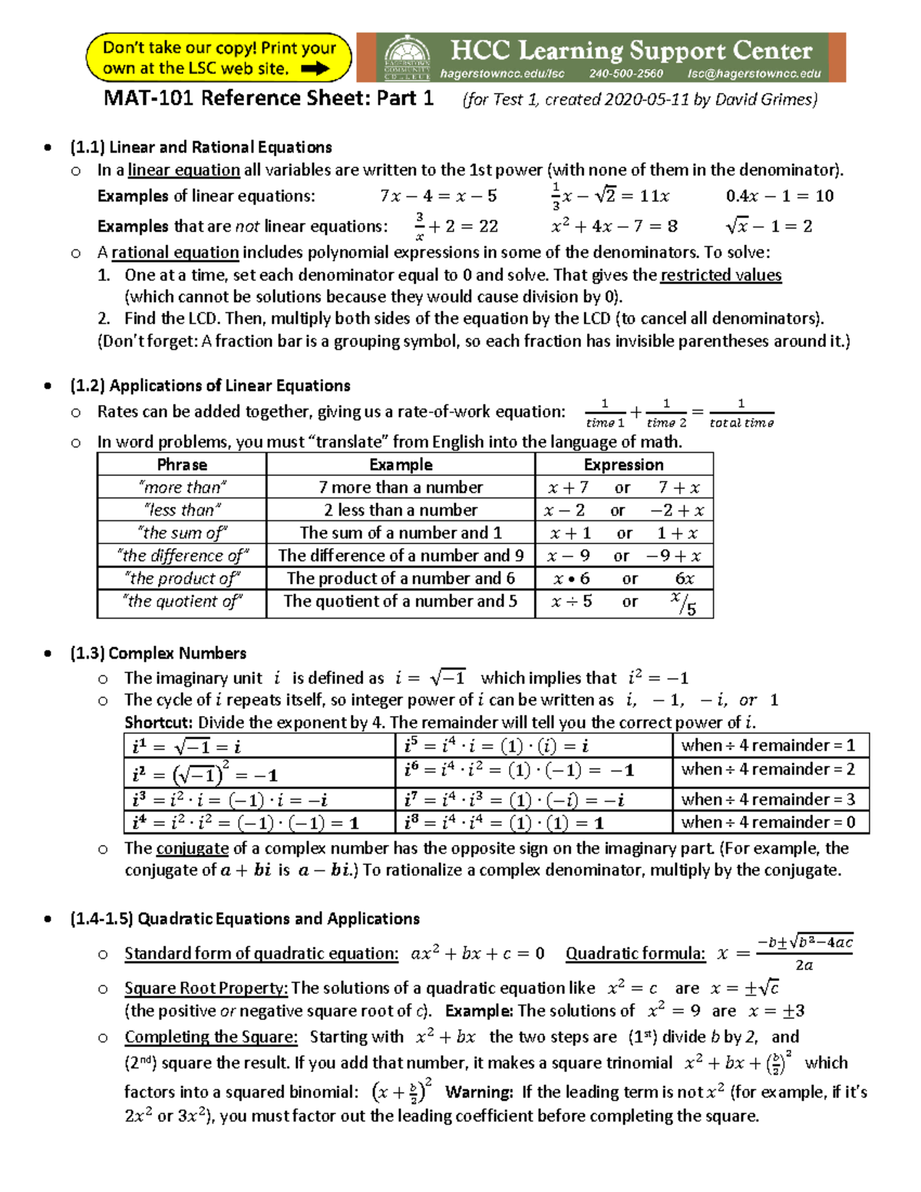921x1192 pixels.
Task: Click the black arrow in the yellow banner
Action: (x=315, y=68)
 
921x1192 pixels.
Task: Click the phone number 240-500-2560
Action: (x=626, y=74)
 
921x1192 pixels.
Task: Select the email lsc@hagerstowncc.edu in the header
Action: (x=754, y=74)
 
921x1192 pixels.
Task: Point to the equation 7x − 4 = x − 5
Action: (x=437, y=196)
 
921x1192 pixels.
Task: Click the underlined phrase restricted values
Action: (x=721, y=275)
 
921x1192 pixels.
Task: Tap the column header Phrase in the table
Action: (x=182, y=464)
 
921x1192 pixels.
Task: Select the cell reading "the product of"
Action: (x=182, y=578)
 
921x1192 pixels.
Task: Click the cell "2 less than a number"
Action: (x=400, y=510)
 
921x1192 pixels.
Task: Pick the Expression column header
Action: (x=623, y=464)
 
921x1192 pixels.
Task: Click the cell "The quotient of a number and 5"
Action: (x=400, y=601)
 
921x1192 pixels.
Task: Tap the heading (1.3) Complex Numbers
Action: (x=157, y=653)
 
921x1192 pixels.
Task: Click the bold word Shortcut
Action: (x=158, y=722)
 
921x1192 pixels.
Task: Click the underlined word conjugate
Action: (x=192, y=848)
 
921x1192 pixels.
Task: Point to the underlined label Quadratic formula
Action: (x=635, y=953)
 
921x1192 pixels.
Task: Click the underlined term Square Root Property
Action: (x=206, y=988)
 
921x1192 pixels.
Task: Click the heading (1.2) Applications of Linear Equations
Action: (x=210, y=385)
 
